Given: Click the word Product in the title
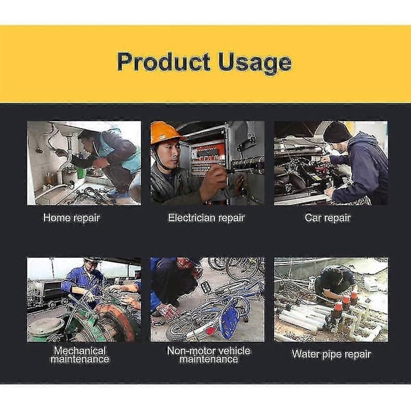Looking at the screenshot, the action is [x=164, y=62].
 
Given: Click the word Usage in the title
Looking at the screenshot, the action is [x=255, y=63].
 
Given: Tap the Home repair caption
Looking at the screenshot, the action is [x=72, y=218].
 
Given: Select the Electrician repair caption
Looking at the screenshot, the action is [x=207, y=218].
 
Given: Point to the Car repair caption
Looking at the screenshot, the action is [x=327, y=218].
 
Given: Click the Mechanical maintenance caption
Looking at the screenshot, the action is [x=80, y=355].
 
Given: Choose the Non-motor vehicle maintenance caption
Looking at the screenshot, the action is [x=209, y=355].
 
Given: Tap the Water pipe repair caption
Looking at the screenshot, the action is [x=332, y=354].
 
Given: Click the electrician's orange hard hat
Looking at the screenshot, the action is [x=165, y=132].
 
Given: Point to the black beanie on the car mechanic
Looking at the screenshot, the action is [x=336, y=132].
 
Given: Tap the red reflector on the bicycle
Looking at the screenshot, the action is [x=210, y=331].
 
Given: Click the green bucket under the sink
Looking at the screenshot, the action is [x=81, y=172].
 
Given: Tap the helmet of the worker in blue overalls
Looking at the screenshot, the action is [x=92, y=260].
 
